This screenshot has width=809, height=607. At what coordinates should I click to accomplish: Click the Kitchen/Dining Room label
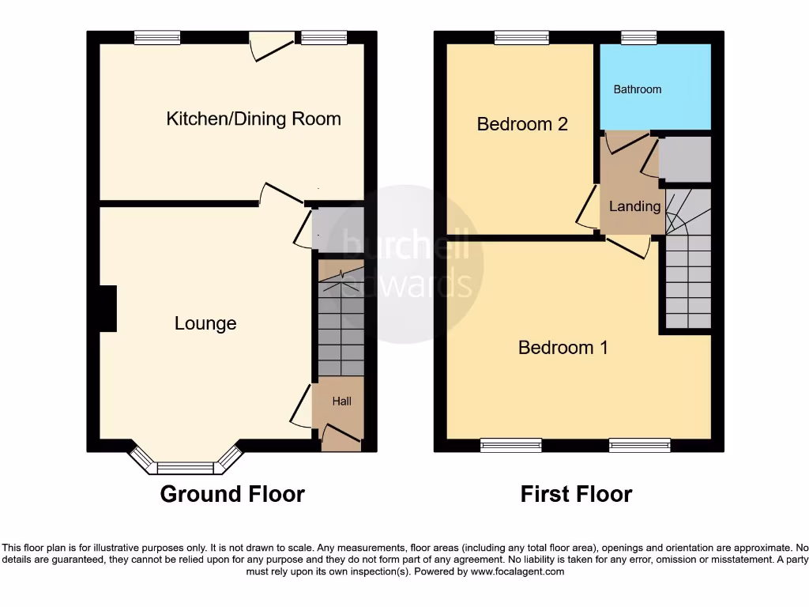coord(254,119)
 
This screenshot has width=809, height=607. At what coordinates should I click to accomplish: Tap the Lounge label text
coord(205,323)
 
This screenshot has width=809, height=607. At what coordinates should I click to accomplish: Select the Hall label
coord(341,402)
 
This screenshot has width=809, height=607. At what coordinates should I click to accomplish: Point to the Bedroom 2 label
coord(522,124)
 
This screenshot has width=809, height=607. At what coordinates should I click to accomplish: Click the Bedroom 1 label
coord(563,348)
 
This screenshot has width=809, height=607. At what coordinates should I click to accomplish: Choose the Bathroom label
coord(638,89)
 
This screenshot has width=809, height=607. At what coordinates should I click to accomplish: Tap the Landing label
coord(634,206)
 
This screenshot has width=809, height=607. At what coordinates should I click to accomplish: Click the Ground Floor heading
coord(232,494)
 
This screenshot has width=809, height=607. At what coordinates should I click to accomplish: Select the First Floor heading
coord(576,494)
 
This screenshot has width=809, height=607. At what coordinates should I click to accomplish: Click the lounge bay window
coord(185,466)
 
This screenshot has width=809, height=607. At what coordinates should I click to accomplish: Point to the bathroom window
coord(638,37)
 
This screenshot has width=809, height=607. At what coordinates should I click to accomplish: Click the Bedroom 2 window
coord(521,37)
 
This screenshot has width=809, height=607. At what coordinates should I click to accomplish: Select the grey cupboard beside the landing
coord(685,159)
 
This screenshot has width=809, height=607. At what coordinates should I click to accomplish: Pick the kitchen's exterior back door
coord(268,46)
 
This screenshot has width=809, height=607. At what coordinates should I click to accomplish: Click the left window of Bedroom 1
coord(511,446)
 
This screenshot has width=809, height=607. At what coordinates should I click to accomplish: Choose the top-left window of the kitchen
coord(157,37)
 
